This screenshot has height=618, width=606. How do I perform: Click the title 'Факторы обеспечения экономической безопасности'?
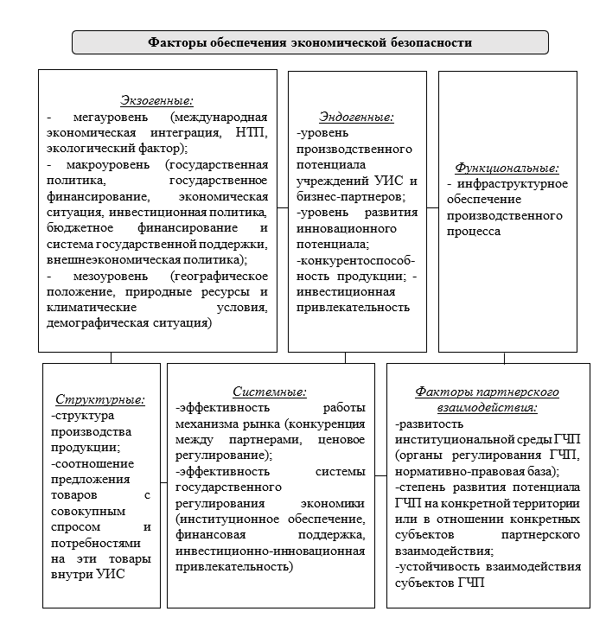309,41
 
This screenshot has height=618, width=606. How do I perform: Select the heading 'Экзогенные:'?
156,101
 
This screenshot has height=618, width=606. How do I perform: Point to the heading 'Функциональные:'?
507,168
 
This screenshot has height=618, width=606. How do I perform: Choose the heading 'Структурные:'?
100,399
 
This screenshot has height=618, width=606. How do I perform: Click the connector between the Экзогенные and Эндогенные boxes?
283,211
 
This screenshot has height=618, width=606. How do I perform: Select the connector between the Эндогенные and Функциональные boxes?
433,211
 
